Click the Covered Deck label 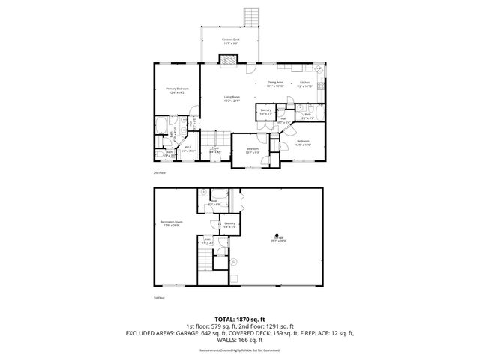(230, 41)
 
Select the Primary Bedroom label (176, 91)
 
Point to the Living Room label (231, 98)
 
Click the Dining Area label (275, 83)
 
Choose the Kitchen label (304, 83)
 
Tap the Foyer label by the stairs (214, 150)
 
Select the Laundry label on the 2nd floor (265, 112)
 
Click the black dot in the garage (276, 233)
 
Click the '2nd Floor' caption (159, 172)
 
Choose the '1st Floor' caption (158, 298)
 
